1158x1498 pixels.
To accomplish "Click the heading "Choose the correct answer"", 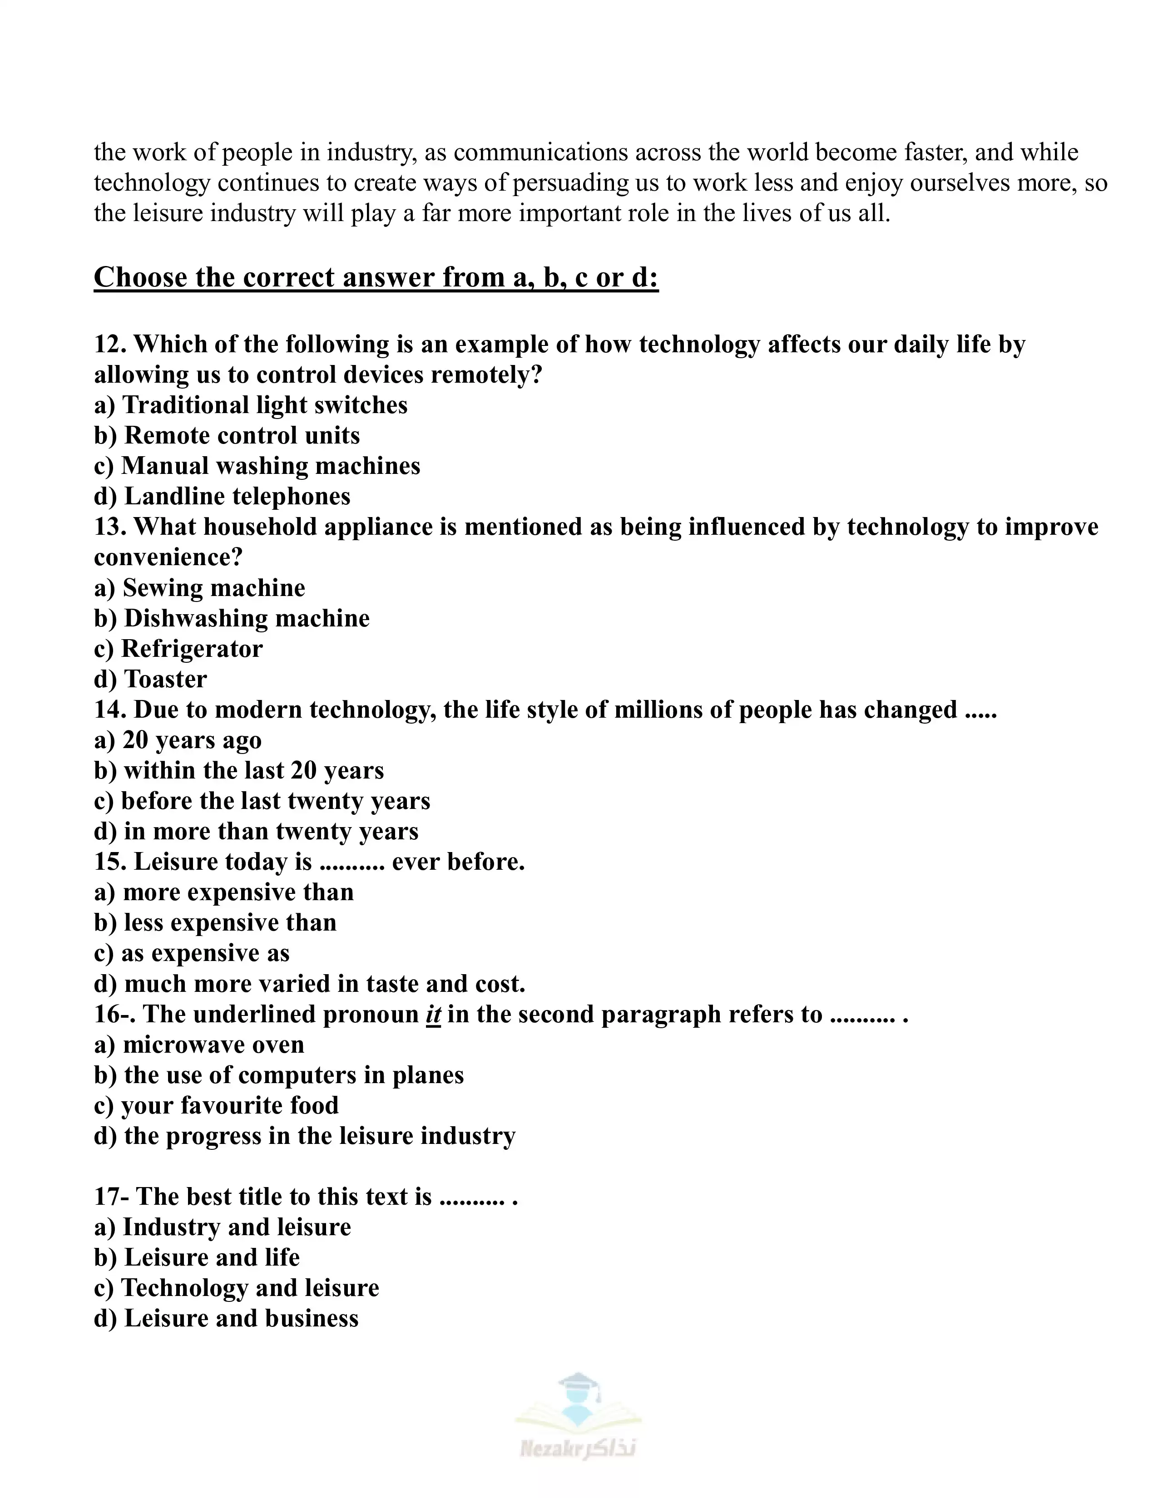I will [x=376, y=278].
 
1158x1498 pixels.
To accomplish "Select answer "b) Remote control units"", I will [x=227, y=435].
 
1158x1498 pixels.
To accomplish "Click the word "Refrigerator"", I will [x=191, y=649].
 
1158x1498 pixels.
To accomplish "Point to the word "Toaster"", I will [x=165, y=679].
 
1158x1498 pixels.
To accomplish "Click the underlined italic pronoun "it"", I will [x=433, y=1015].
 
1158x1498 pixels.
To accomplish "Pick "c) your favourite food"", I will [x=216, y=1106].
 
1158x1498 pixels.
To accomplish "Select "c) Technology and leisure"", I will [x=236, y=1288].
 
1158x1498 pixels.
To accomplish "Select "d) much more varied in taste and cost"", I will [x=309, y=984].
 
